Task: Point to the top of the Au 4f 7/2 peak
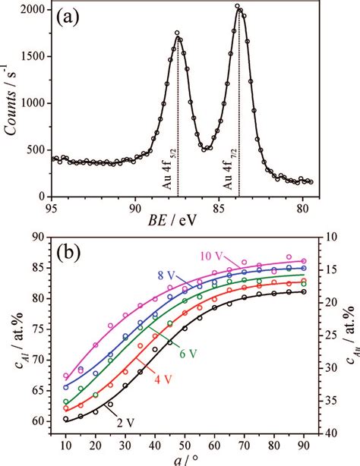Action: tap(238, 7)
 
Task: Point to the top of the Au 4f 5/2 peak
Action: tap(177, 33)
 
